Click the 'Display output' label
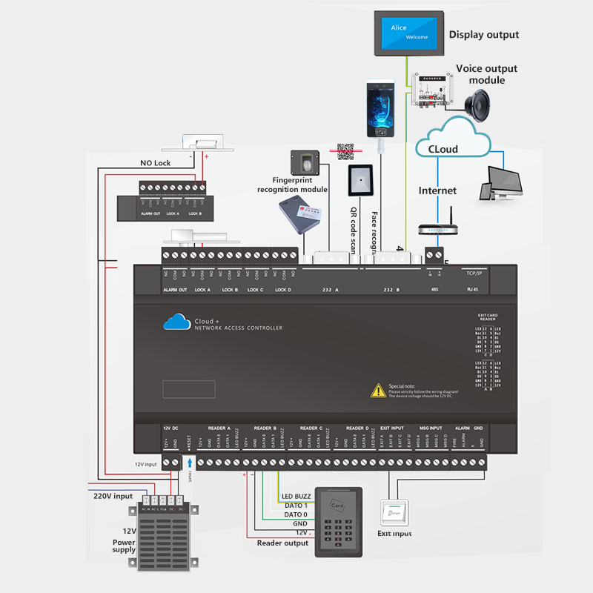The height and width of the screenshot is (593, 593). pos(483,34)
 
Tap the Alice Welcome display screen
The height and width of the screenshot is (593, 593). pos(409,32)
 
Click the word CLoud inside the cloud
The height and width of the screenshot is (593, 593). pos(443,149)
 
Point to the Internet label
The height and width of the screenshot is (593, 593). pos(437,191)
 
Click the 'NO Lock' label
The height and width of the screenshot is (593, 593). pos(156,163)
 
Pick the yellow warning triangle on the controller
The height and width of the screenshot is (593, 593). pos(378,390)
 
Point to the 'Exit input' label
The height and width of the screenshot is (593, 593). pos(394,533)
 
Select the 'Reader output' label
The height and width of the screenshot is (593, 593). pos(282,543)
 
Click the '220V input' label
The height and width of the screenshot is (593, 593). pos(113,496)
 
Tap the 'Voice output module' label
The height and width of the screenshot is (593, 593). pos(486,74)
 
